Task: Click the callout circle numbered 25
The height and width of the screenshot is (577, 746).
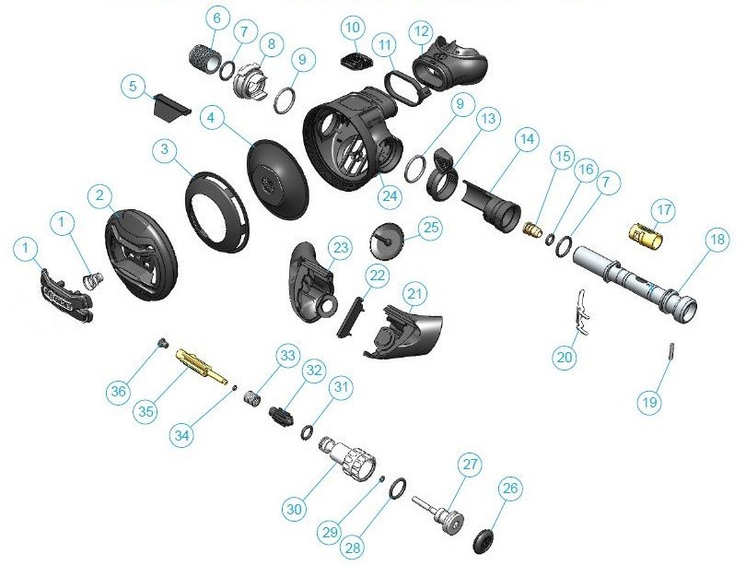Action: pos(430,227)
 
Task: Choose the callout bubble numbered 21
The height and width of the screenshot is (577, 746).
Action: pos(417,293)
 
